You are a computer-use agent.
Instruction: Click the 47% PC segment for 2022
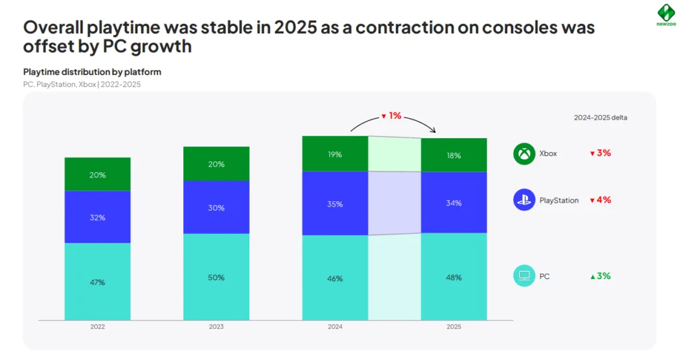pos(98,282)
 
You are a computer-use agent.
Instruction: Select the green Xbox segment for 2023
pos(216,164)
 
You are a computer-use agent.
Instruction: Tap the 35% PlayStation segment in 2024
pos(335,203)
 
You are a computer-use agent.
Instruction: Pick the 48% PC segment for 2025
pos(454,277)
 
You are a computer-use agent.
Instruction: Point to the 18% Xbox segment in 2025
pos(454,155)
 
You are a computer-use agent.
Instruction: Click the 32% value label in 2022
pos(98,217)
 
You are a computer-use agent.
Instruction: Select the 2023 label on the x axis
pos(216,327)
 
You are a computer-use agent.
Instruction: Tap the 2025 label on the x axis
pos(454,327)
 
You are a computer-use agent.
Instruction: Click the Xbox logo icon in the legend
pos(524,153)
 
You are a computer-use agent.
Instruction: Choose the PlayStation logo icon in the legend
pos(524,200)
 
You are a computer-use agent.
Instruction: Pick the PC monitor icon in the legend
pos(524,276)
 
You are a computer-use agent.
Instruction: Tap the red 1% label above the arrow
pos(391,116)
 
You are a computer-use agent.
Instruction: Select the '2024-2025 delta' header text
pos(600,118)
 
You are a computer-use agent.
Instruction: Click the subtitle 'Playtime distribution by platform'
pos(92,72)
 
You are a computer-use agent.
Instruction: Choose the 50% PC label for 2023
pos(216,277)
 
